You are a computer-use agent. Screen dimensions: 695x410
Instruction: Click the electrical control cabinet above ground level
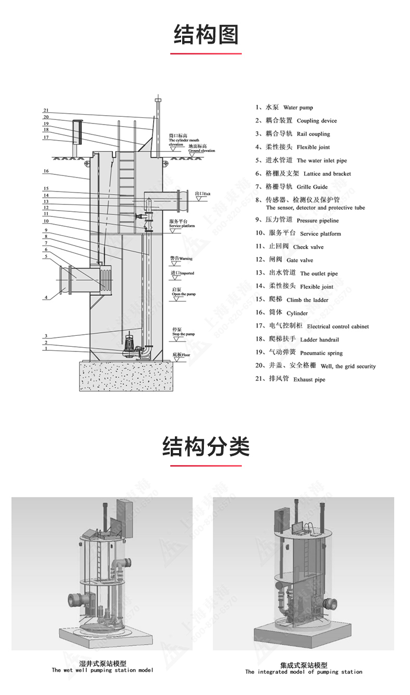(77, 133)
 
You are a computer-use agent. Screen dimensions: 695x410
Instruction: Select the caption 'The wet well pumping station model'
(102, 667)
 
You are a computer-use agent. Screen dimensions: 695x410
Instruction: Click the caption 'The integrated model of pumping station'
(304, 669)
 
